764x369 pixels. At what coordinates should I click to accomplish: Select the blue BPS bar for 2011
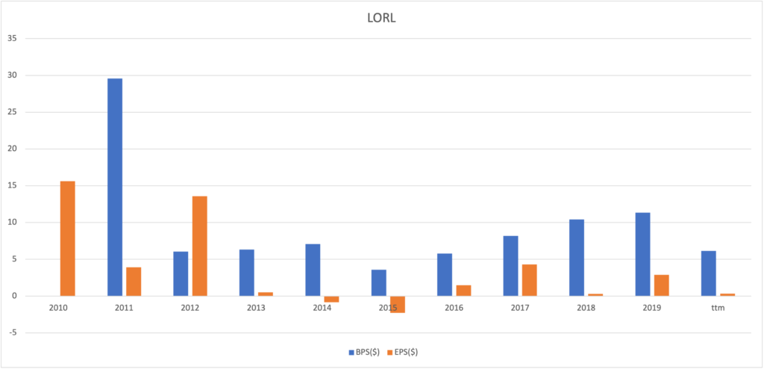tap(114, 187)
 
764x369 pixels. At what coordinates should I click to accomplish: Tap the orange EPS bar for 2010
tap(67, 238)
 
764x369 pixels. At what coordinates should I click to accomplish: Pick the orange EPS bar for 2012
tap(199, 246)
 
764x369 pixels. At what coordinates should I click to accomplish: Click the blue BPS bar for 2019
tap(642, 254)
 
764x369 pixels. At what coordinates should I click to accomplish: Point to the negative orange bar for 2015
tap(397, 304)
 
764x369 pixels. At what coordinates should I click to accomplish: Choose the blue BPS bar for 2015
tap(378, 282)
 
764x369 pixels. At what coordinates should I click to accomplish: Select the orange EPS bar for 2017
tap(529, 280)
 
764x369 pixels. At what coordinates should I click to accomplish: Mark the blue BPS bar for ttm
tap(709, 273)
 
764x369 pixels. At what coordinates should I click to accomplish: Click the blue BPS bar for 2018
tap(576, 258)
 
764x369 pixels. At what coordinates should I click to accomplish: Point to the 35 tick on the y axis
tap(11, 38)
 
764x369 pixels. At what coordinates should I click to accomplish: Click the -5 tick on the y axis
tap(10, 332)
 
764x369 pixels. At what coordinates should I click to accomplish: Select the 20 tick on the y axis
tap(11, 149)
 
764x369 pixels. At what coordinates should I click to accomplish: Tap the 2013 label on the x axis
tap(255, 307)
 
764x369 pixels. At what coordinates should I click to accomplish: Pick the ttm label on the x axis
tap(718, 307)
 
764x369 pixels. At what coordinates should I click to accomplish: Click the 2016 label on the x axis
tap(453, 307)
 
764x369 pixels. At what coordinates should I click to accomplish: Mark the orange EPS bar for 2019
tap(661, 285)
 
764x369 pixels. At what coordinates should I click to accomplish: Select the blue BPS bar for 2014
tap(313, 270)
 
